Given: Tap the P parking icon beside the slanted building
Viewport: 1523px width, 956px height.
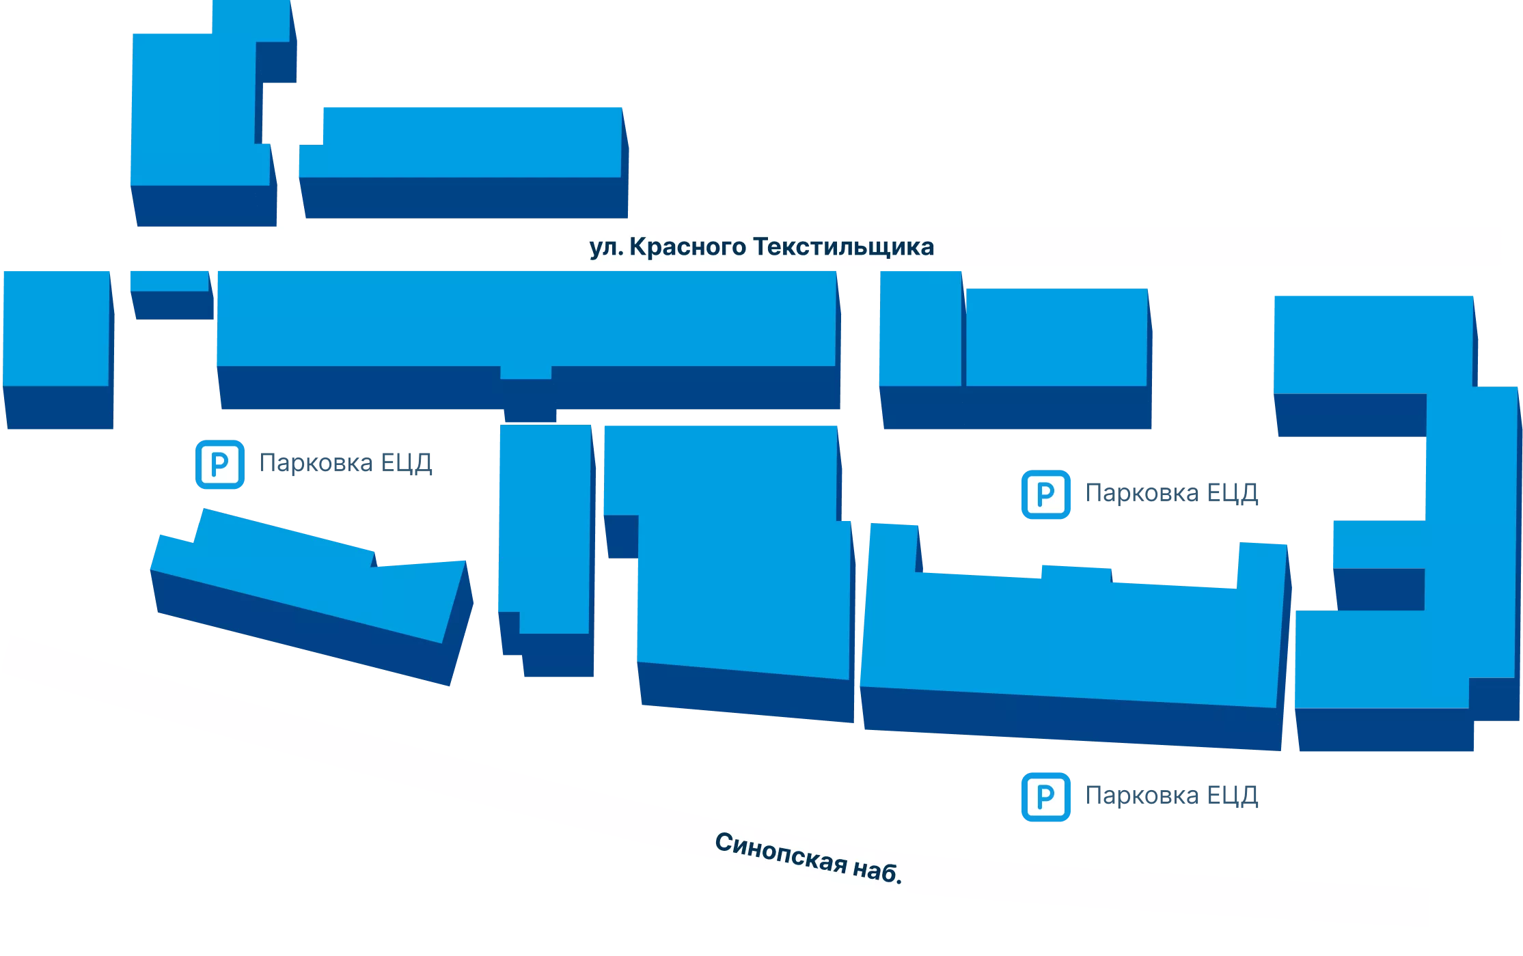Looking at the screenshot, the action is pyautogui.click(x=220, y=464).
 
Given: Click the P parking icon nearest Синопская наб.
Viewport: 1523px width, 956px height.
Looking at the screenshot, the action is pyautogui.click(x=1046, y=797).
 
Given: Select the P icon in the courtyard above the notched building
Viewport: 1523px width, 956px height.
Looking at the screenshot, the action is pyautogui.click(x=1046, y=494).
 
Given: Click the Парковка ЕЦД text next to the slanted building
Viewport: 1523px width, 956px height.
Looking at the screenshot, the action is pyautogui.click(x=346, y=464).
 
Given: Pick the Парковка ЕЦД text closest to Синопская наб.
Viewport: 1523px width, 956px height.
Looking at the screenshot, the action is pyautogui.click(x=1172, y=796).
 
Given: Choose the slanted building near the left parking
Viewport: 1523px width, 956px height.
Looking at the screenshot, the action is pyautogui.click(x=312, y=597).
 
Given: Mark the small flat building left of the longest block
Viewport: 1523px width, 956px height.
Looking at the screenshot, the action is pyautogui.click(x=171, y=295).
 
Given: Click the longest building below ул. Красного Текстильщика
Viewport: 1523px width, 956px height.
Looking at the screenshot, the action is pyautogui.click(x=528, y=340).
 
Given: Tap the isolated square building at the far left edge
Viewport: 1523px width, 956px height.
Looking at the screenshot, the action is pyautogui.click(x=58, y=350).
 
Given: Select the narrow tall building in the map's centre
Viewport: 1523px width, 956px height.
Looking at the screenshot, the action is pyautogui.click(x=547, y=550).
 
